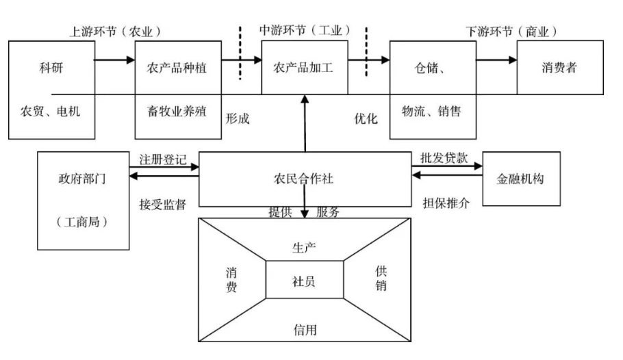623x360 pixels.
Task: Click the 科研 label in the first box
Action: [52, 68]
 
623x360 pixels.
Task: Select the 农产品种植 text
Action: [177, 68]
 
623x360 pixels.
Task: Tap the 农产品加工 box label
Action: [303, 68]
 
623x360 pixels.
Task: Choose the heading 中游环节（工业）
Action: [305, 31]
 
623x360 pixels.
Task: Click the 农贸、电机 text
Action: [51, 111]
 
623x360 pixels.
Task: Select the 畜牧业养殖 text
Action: [177, 111]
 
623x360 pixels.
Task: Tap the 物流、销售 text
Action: [431, 111]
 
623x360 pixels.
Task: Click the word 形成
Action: [237, 118]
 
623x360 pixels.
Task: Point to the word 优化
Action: [366, 118]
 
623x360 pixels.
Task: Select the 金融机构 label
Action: [522, 179]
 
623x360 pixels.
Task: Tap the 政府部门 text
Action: [83, 179]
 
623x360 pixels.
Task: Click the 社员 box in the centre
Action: [304, 279]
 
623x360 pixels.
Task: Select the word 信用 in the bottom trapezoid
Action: [304, 330]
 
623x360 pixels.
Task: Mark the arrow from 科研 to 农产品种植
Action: [114, 60]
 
